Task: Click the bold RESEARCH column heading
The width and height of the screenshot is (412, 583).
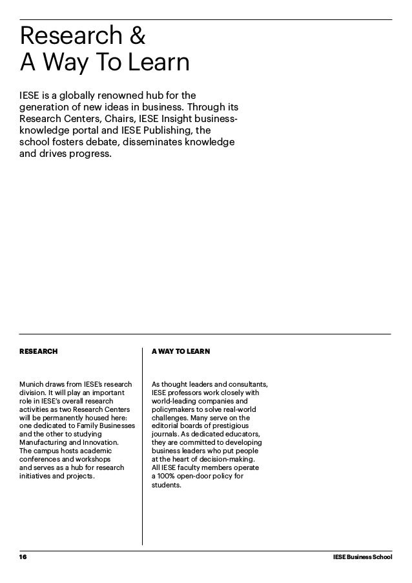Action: click(x=38, y=352)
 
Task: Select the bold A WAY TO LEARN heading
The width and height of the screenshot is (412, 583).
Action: click(x=180, y=352)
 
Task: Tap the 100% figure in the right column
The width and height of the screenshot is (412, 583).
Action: click(x=166, y=476)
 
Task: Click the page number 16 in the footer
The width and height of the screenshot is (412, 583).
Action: click(x=24, y=557)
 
